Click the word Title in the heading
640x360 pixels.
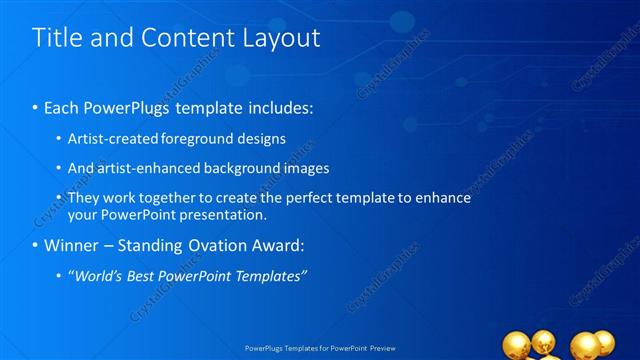coord(58,38)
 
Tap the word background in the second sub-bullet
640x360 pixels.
coord(243,168)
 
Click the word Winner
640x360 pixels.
coord(68,244)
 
